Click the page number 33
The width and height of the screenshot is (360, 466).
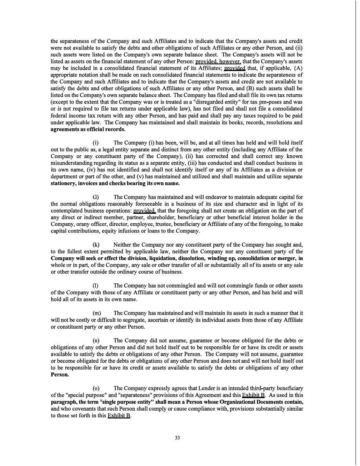click(x=177, y=438)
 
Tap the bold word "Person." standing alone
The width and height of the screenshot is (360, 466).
click(x=60, y=375)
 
